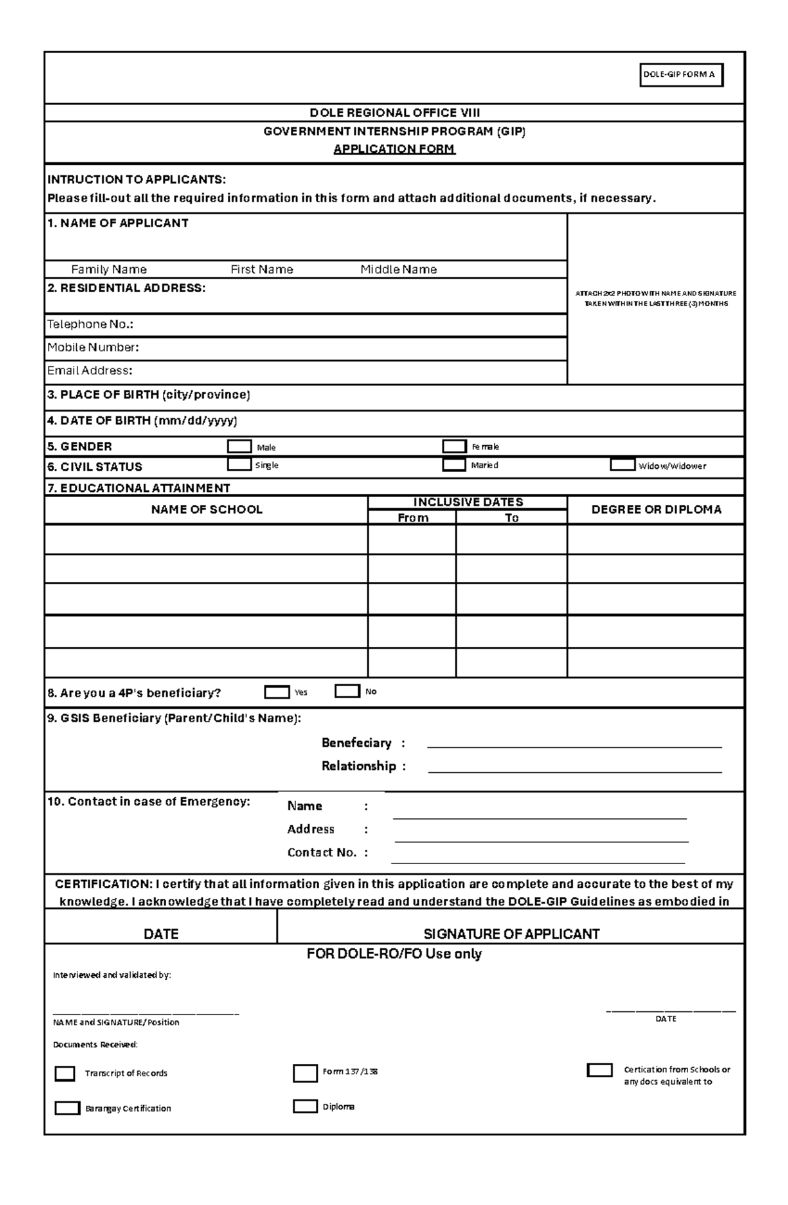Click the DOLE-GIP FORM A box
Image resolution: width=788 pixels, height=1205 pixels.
pos(681,75)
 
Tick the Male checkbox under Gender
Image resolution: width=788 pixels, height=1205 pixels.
pos(239,447)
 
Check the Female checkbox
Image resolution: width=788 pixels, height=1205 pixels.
pos(454,447)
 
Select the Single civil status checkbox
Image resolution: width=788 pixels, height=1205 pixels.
pos(239,465)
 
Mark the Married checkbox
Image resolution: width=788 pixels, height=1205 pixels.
pos(454,465)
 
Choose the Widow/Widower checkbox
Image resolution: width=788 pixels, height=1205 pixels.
pos(622,465)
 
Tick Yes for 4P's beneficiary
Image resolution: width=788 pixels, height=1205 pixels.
pos(276,692)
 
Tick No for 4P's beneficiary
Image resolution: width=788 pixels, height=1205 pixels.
pos(347,691)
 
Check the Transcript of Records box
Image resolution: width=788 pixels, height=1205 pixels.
pos(65,1073)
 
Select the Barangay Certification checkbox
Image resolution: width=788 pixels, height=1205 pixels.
pos(67,1108)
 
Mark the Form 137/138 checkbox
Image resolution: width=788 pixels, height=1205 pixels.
pos(305,1073)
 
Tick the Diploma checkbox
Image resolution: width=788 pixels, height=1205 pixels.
pos(305,1106)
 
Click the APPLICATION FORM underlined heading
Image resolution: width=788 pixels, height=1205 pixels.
pos(394,149)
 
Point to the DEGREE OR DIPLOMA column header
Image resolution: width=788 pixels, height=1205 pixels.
pos(656,510)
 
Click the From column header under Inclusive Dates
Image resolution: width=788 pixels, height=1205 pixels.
pos(413,517)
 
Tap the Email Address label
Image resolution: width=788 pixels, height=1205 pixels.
pos(89,371)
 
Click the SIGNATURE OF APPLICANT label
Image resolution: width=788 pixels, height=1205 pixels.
pos(511,934)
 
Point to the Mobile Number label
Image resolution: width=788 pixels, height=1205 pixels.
pos(93,347)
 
